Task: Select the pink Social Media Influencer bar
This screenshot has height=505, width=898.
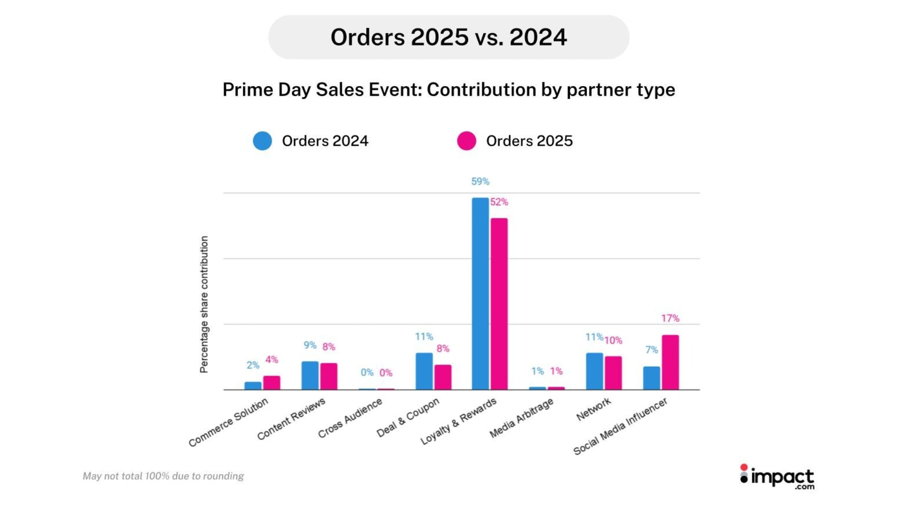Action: pos(670,362)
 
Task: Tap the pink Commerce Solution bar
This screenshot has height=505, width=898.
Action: pos(271,382)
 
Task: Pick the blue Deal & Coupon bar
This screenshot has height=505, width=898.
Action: pos(424,371)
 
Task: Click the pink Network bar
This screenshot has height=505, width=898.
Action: pos(613,373)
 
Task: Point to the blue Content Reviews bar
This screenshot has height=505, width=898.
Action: pos(310,375)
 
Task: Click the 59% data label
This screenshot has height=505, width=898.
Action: pos(480,181)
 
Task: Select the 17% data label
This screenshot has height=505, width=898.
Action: pos(670,318)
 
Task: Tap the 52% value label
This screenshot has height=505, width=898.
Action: pos(499,202)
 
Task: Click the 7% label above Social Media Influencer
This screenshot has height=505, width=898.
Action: pos(651,350)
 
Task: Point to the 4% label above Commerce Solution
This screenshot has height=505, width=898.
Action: pos(271,360)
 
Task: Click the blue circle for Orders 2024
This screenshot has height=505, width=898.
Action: pos(262,141)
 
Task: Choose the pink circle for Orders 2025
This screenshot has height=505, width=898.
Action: pos(466,141)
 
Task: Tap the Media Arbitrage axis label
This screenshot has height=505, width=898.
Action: pos(521,418)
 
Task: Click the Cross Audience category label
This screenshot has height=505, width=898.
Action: pos(350,418)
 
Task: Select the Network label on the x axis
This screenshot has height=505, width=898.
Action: pos(593,409)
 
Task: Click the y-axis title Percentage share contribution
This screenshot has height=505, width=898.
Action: pos(204,304)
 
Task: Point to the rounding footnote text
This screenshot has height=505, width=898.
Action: pos(163,476)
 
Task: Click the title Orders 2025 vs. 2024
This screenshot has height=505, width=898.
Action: pos(449,37)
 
